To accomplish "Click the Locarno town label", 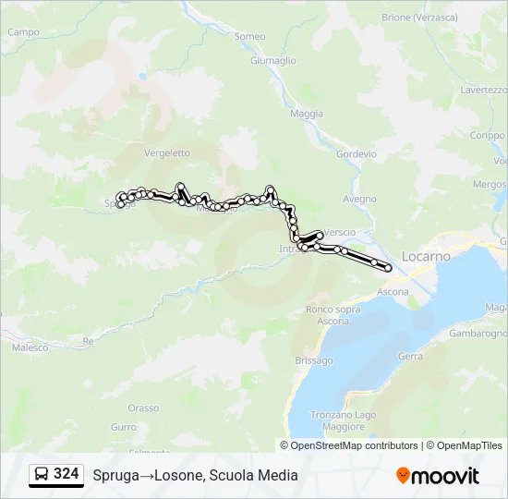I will coord(426,255).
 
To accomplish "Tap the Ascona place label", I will coord(393,292).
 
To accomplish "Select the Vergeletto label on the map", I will coord(167,153).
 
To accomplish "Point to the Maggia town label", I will coord(307,114).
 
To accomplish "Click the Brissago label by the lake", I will coord(313,360).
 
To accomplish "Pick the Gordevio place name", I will coord(357,154).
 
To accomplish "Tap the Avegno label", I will coord(359,199).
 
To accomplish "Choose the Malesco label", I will coord(30,347).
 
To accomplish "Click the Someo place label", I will coord(250,36).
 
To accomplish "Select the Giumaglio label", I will coord(273,61).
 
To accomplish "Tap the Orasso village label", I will coord(143,408).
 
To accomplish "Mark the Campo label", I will coord(23,31).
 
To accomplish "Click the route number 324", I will coord(66,474).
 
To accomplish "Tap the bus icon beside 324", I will coord(42,474).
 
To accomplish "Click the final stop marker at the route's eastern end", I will coord(388,268).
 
